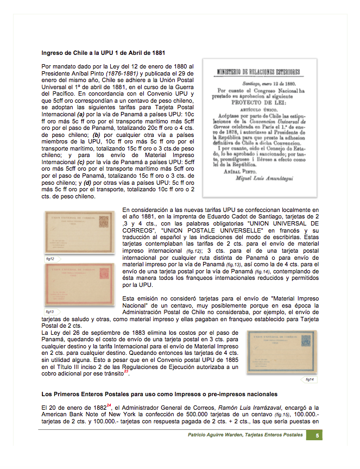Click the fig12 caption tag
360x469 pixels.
point(50,259)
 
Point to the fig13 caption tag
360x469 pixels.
point(50,311)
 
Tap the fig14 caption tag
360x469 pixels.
point(310,379)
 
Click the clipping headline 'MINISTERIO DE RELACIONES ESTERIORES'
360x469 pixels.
point(260,71)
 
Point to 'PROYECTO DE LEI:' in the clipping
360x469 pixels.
point(259,101)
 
